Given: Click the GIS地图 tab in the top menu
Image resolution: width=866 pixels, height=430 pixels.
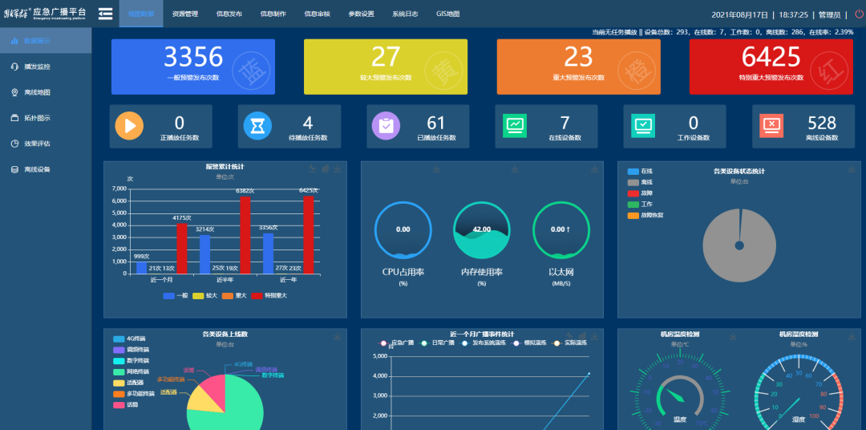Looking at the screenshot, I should coord(447,14).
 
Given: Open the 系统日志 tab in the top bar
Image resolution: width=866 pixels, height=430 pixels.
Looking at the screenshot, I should coord(405,14).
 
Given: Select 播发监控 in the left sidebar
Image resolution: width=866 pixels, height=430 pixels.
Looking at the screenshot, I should coord(37,67).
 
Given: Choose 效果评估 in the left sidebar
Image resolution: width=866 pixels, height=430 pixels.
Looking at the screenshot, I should coord(37,144).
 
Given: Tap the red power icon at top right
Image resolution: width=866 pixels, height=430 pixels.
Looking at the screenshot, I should coord(855,14).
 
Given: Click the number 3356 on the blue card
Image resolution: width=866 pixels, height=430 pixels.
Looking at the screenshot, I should coord(193,57).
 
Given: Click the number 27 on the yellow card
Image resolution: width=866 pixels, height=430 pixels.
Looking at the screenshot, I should coord(386,57).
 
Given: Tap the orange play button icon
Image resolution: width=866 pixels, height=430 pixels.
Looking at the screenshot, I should coord(129,126).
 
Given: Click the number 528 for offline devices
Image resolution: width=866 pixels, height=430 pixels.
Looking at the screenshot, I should coord(822,123).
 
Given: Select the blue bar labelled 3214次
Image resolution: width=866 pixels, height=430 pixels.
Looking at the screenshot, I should coord(204,254).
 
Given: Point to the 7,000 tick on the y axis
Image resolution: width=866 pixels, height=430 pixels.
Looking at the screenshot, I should coord(119,189).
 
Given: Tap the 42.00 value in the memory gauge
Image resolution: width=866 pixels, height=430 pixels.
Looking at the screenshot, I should coord(481,229).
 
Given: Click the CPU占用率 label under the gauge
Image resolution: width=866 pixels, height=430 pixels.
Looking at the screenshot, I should coord(403,272).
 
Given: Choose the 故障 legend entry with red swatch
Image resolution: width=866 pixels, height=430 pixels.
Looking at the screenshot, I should coord(645,193).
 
